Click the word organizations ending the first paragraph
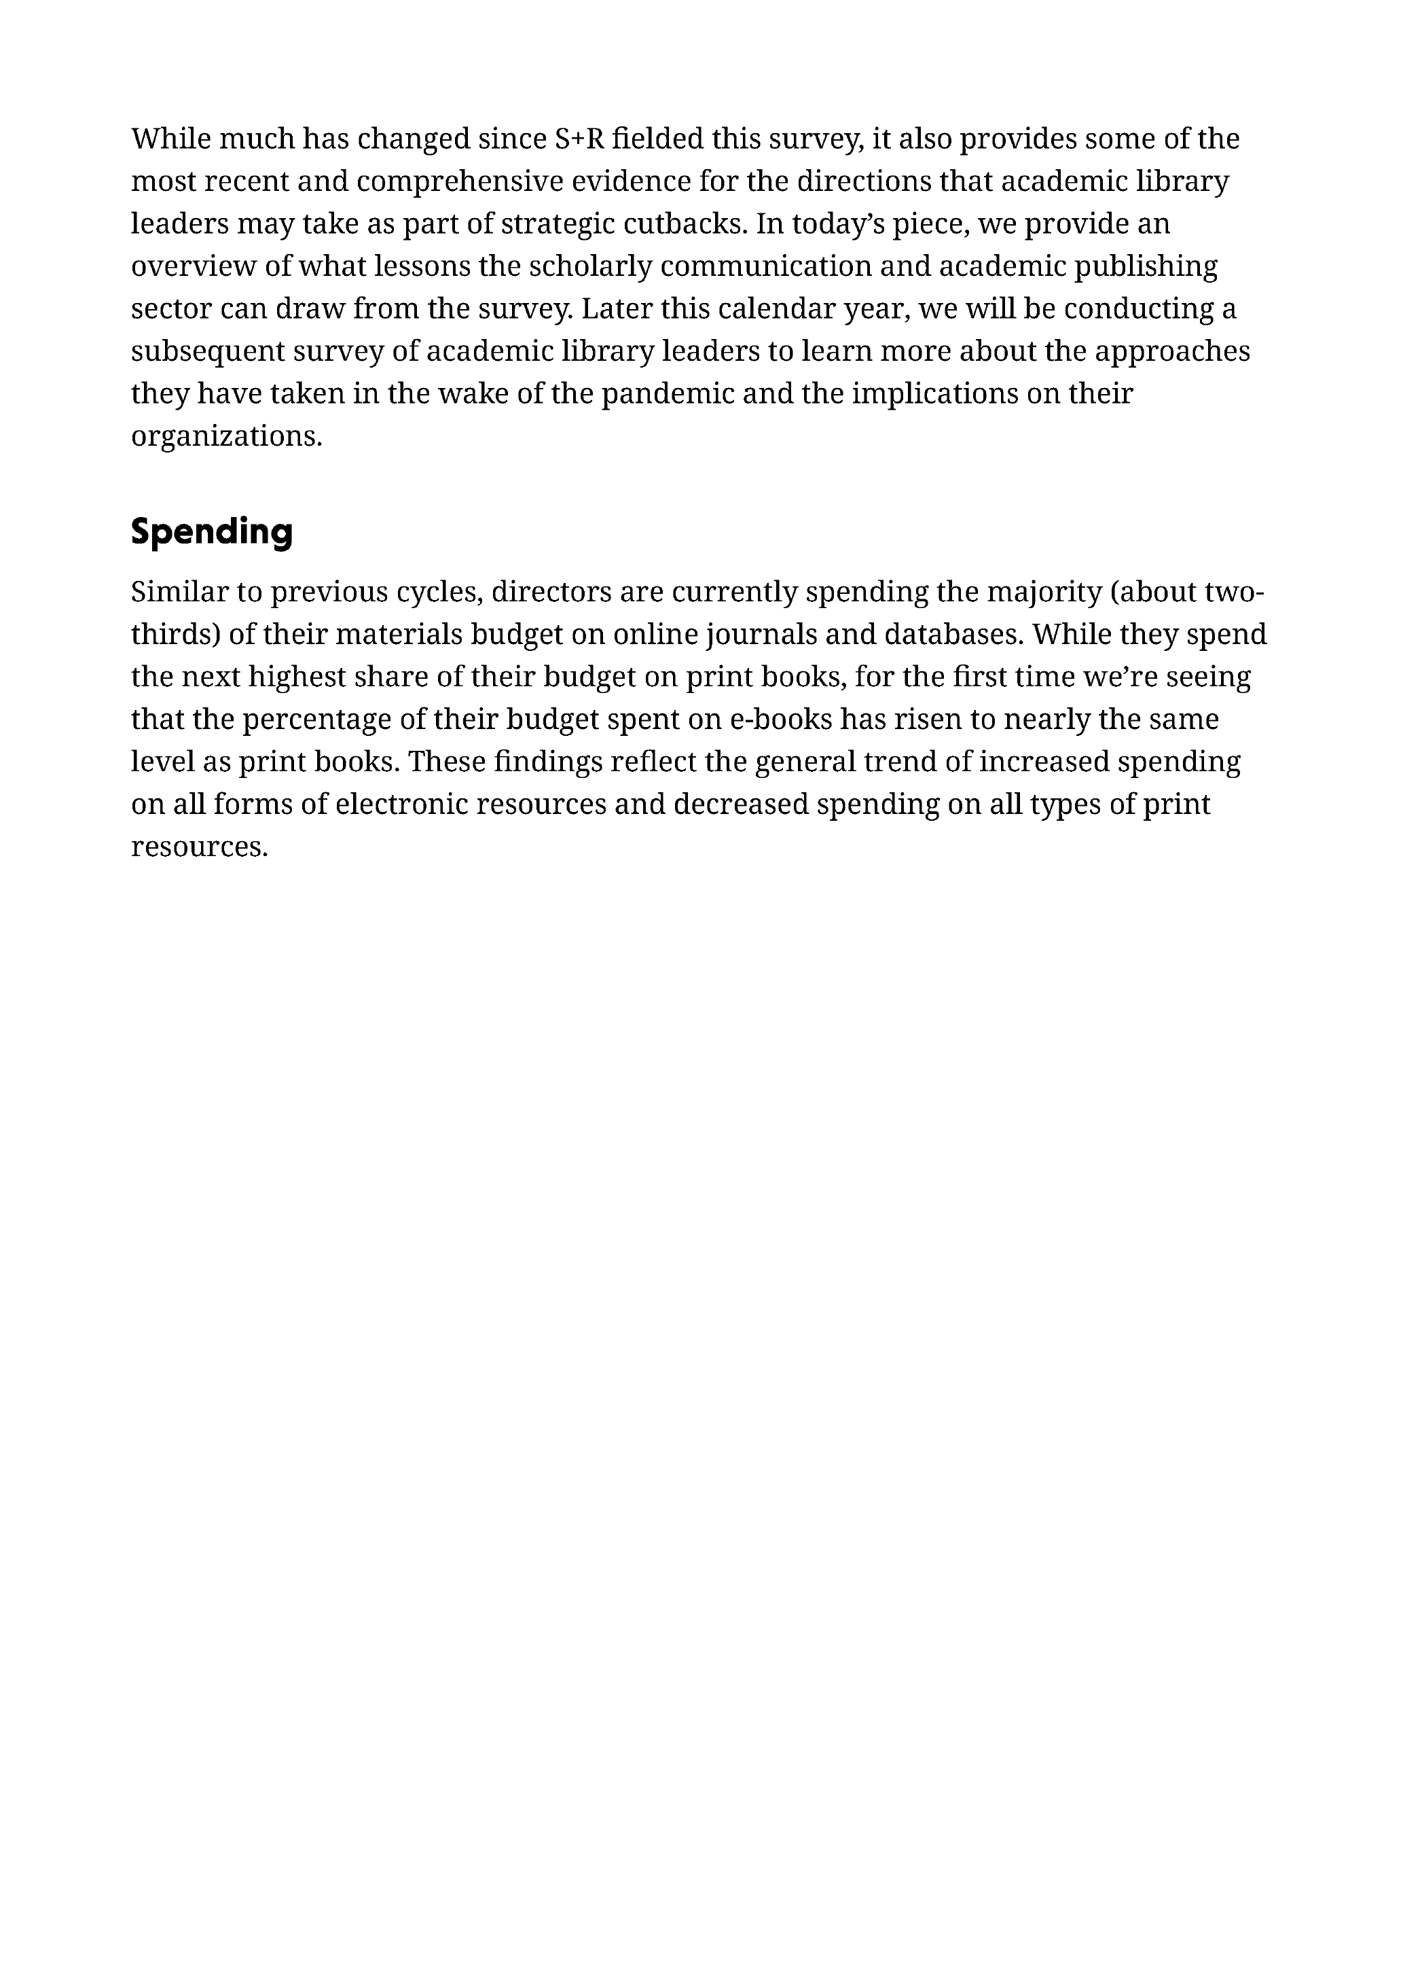pos(226,436)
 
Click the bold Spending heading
pos(212,531)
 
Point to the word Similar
pos(179,592)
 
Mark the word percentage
pos(325,720)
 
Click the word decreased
pos(740,804)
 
